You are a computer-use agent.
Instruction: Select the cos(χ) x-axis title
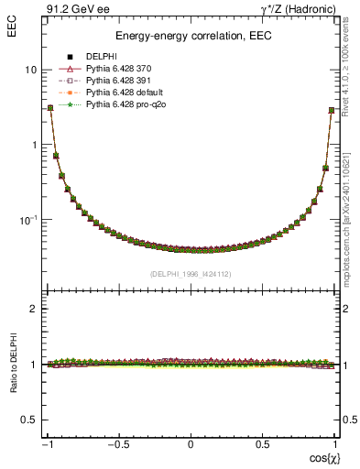click(x=321, y=457)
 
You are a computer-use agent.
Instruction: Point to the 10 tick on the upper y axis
click(x=30, y=71)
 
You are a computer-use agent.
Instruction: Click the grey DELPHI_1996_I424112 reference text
click(x=191, y=274)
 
